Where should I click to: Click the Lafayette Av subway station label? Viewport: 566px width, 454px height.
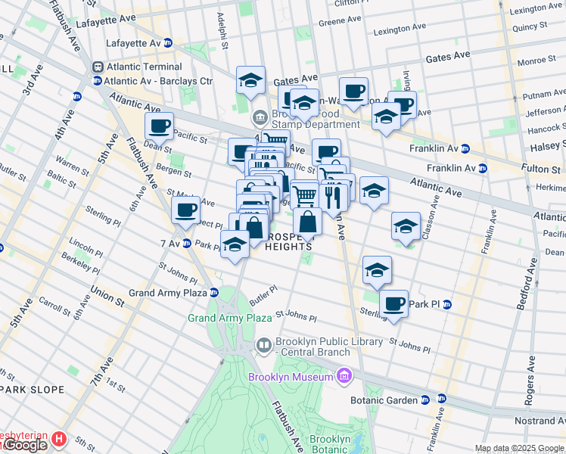134,43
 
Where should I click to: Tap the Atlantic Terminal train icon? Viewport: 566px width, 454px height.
98,67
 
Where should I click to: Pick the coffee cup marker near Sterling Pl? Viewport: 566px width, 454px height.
393,304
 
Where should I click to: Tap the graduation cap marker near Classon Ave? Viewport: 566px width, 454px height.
406,226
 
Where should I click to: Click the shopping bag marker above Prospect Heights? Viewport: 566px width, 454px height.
308,223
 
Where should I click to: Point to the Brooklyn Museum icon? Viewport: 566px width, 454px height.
345,376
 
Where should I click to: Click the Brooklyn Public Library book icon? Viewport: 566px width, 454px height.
263,347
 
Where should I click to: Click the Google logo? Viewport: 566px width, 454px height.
24,446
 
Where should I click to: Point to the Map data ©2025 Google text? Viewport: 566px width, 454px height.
518,448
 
